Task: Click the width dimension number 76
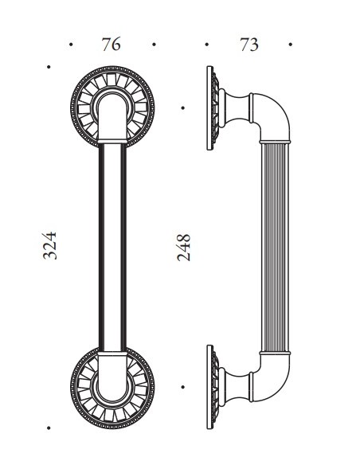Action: click(x=111, y=45)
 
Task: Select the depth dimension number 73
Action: click(x=248, y=45)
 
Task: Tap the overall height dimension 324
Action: click(x=49, y=248)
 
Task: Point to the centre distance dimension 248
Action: click(x=186, y=248)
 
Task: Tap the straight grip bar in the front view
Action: click(x=111, y=247)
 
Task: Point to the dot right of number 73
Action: click(x=291, y=45)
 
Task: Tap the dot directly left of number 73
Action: click(x=206, y=45)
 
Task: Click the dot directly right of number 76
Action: click(x=151, y=45)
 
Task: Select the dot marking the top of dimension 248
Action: click(x=184, y=106)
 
